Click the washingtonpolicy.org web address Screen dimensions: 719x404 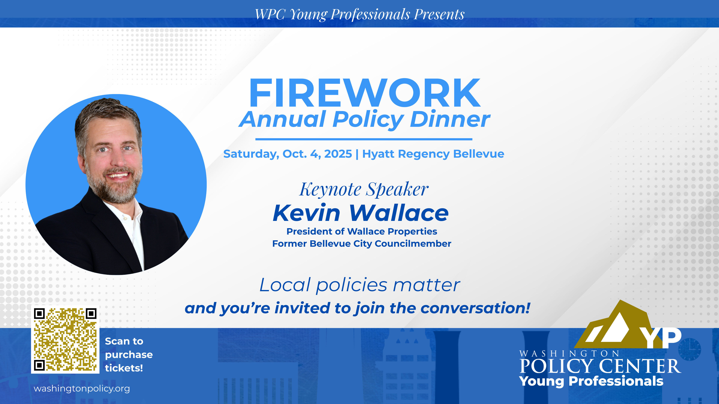(82, 389)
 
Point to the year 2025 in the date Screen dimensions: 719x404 (338, 154)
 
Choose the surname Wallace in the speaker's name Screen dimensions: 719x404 (399, 213)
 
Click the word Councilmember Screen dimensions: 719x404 (413, 244)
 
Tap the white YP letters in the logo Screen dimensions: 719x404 (662, 338)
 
